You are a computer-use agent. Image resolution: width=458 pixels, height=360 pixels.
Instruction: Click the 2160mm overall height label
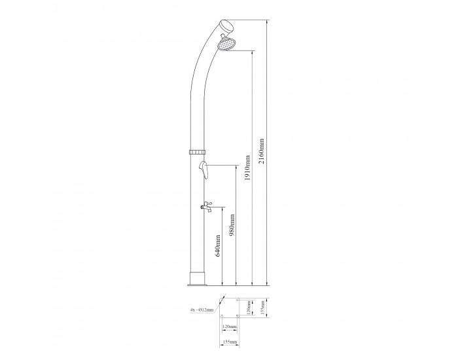pos(262,152)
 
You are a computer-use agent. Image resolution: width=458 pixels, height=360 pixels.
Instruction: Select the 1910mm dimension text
pos(247,170)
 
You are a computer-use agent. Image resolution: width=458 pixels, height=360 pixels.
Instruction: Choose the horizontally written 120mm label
pos(228,325)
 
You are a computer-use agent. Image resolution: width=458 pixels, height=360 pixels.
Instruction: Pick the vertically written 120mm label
pos(249,307)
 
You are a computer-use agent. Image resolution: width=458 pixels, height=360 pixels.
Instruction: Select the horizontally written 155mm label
pos(228,341)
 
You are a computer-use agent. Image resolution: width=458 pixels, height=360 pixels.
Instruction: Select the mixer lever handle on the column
pos(205,171)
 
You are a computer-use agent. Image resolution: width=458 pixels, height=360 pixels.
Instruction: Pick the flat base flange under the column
pos(197,283)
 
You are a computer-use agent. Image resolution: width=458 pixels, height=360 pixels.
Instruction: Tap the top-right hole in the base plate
pos(237,302)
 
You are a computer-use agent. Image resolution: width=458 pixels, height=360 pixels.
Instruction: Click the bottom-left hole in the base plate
pos(220,317)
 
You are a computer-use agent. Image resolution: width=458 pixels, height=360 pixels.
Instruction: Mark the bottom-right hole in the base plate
pos(237,317)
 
